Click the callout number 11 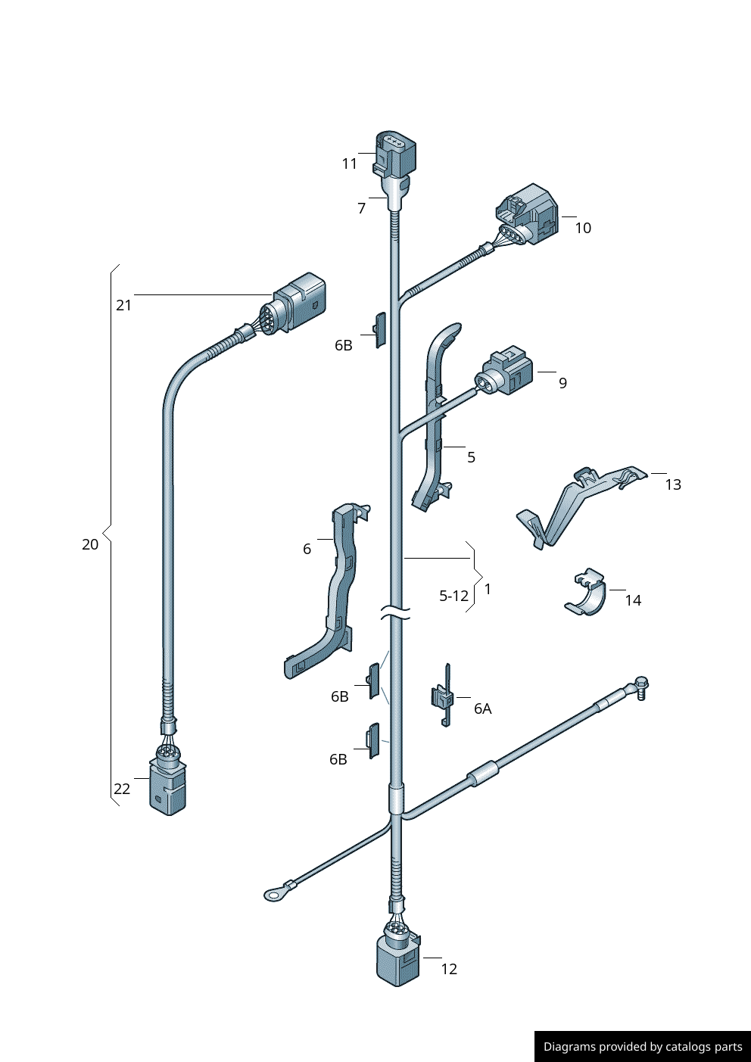350,164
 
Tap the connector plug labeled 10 527,215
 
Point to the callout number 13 673,484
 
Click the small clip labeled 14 586,593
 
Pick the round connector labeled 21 294,305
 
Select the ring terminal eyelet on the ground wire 274,895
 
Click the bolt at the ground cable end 640,687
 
